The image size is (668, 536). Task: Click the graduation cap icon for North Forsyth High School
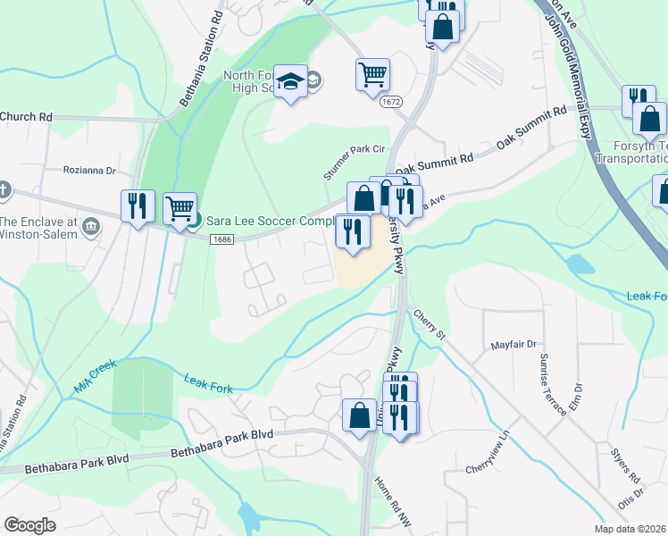pyautogui.click(x=290, y=82)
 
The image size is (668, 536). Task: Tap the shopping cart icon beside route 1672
pyautogui.click(x=372, y=74)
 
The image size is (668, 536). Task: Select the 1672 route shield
pyautogui.click(x=389, y=103)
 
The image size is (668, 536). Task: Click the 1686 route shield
pyautogui.click(x=222, y=239)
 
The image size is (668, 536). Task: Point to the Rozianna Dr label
pyautogui.click(x=89, y=170)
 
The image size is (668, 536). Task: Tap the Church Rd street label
pyautogui.click(x=27, y=117)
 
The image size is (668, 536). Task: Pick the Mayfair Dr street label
pyautogui.click(x=514, y=344)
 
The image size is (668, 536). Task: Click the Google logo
pyautogui.click(x=29, y=525)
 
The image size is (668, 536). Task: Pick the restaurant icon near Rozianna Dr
pyautogui.click(x=138, y=206)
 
